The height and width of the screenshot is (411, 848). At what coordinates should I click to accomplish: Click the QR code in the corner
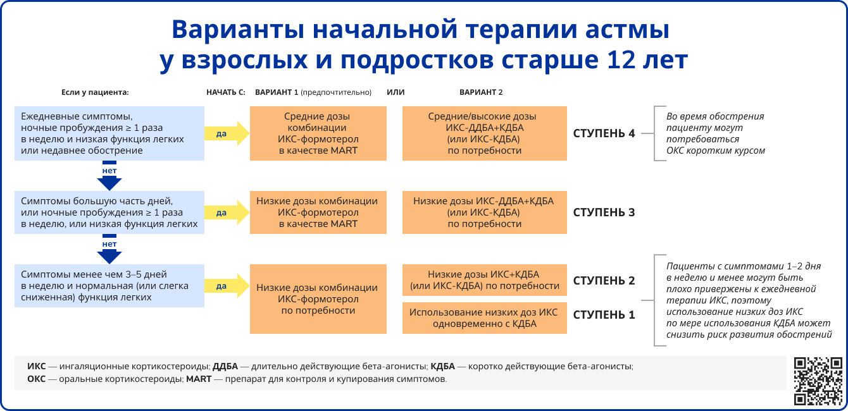[818, 381]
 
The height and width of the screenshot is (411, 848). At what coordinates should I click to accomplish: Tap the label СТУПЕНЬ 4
[604, 133]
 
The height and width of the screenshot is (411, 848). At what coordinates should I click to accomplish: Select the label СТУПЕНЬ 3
[604, 212]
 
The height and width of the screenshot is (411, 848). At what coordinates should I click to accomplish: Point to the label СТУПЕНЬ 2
[604, 280]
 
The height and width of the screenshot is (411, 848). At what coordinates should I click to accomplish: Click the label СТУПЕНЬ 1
[604, 314]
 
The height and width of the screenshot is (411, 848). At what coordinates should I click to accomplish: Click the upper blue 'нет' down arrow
[109, 176]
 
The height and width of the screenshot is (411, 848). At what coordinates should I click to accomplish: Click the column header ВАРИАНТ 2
[481, 92]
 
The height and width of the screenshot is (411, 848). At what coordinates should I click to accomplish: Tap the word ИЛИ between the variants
[396, 92]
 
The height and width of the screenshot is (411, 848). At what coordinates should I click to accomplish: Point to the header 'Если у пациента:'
[95, 92]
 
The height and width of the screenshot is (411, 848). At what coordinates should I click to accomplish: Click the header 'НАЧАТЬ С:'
[225, 92]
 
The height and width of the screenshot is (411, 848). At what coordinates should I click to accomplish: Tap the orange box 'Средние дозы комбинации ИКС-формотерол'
[318, 133]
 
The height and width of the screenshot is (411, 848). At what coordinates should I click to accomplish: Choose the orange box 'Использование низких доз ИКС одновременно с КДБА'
[485, 318]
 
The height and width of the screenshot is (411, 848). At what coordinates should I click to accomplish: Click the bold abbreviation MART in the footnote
[199, 379]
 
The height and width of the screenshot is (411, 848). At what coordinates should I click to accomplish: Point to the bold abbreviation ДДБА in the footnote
[225, 366]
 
